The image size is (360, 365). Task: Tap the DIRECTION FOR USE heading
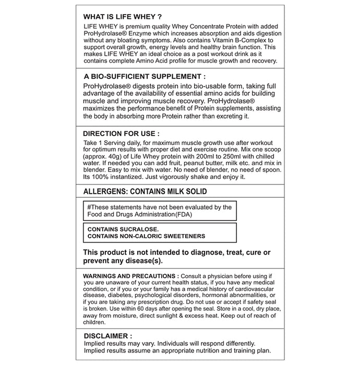click(121, 133)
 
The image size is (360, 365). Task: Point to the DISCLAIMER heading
click(108, 336)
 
